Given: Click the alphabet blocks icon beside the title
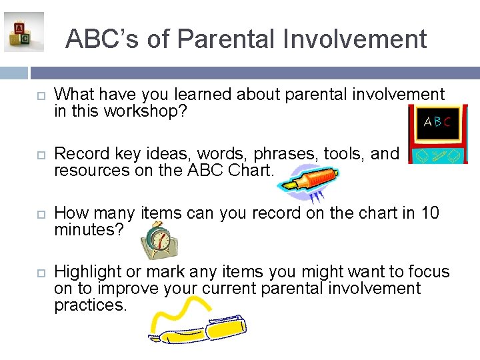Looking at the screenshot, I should (x=23, y=32).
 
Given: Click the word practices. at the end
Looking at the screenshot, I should (x=90, y=305).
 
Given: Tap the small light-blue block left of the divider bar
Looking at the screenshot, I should (x=14, y=73).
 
